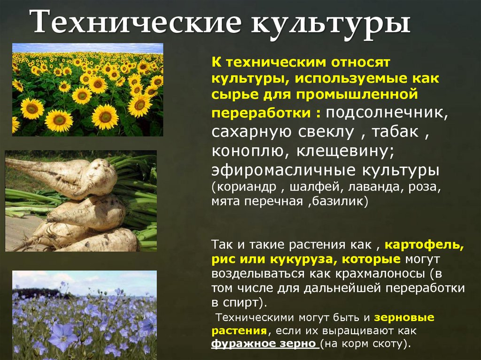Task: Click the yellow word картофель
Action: [424, 245]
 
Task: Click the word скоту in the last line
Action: [387, 344]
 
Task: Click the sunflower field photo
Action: [88, 90]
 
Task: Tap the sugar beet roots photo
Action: [81, 201]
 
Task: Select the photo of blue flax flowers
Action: [85, 312]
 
